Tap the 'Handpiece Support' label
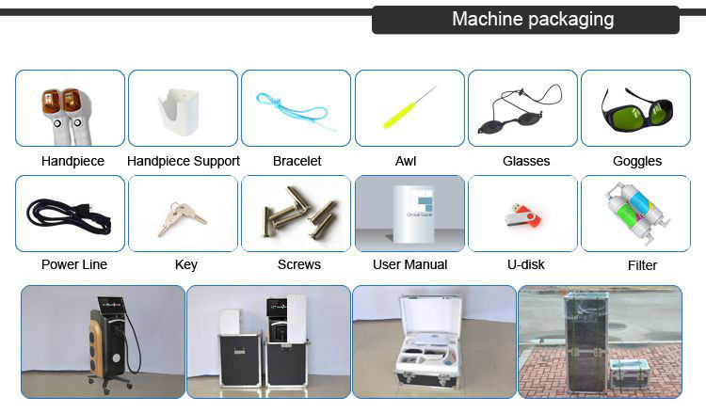183,161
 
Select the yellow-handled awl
408,108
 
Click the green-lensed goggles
635,109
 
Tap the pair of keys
182,215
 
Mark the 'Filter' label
642,266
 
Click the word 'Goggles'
637,162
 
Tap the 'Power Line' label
74,265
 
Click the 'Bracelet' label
297,161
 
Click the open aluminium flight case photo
433,342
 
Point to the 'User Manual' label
409,265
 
